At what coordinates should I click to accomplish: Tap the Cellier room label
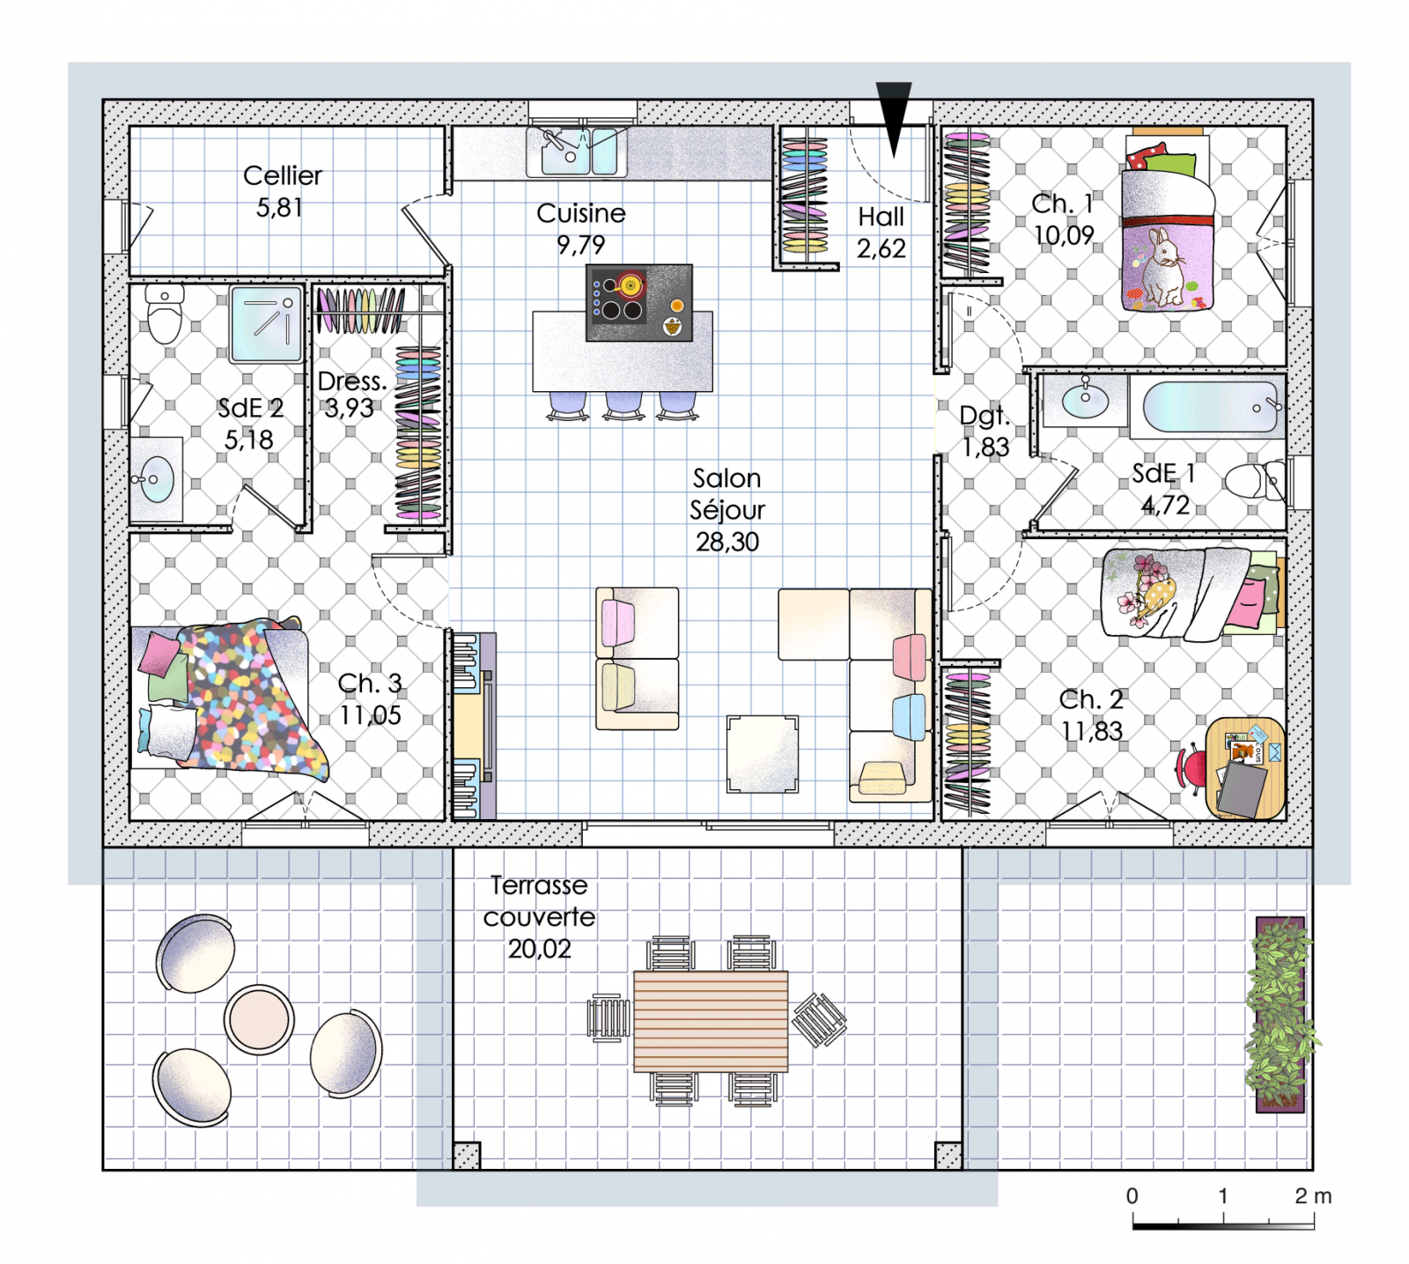tap(282, 175)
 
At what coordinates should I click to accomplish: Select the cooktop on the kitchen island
tap(638, 302)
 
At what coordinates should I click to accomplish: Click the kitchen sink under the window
tap(577, 152)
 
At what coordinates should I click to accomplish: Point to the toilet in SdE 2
tap(165, 314)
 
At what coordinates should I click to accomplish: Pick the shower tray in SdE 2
tap(266, 323)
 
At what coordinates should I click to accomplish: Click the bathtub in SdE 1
tap(1209, 407)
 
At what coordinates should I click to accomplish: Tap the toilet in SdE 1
tap(1256, 481)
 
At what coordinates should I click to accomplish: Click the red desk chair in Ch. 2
tap(1191, 769)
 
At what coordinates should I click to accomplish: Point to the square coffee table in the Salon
tap(763, 754)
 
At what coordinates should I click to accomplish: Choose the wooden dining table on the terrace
tap(711, 1021)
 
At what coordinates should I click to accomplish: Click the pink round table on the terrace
tap(259, 1019)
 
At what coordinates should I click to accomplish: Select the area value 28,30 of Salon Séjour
tap(727, 542)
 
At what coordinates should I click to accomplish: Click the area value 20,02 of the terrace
tap(539, 949)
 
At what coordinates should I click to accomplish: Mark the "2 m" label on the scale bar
tap(1313, 1195)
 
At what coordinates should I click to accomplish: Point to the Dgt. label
tap(984, 416)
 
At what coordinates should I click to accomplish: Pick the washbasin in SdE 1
tap(1085, 401)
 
